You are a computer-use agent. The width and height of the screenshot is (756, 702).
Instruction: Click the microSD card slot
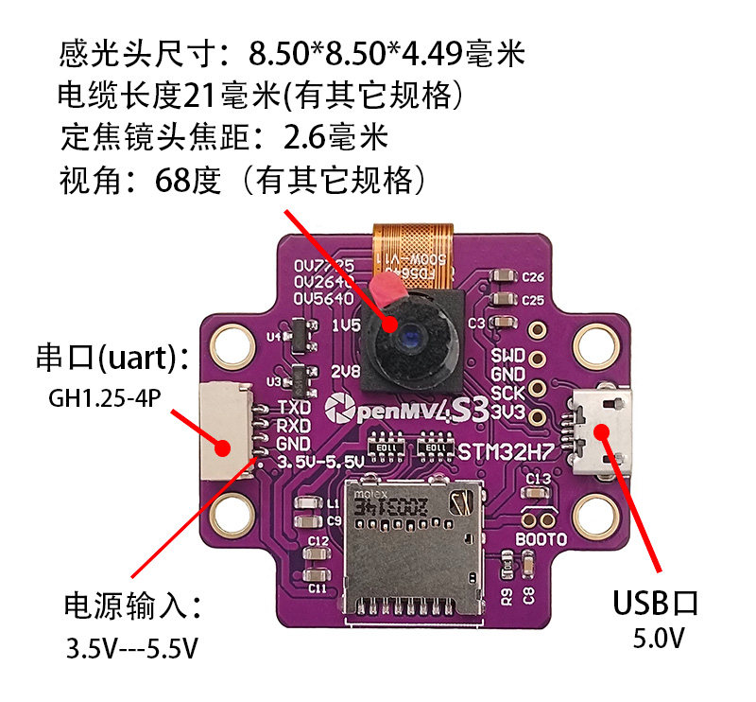coord(415,553)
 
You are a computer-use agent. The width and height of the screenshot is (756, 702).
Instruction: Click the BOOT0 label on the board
coord(541,539)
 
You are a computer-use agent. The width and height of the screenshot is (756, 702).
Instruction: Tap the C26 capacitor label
coord(533,277)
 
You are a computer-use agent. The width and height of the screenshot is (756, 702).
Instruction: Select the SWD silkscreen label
coord(507,356)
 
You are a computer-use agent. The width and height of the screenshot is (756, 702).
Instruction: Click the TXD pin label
coord(294,408)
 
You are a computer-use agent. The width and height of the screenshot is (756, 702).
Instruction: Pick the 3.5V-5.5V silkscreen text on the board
coord(322,462)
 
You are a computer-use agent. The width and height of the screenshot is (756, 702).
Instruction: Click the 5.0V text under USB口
coord(659,640)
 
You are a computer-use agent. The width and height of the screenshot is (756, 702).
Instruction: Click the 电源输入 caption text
coord(132,606)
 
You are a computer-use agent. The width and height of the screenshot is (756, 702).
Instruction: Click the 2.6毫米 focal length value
coord(336,137)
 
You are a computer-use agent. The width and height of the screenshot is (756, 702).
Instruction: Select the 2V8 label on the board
coord(347,372)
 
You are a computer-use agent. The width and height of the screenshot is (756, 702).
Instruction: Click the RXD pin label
coord(294,426)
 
